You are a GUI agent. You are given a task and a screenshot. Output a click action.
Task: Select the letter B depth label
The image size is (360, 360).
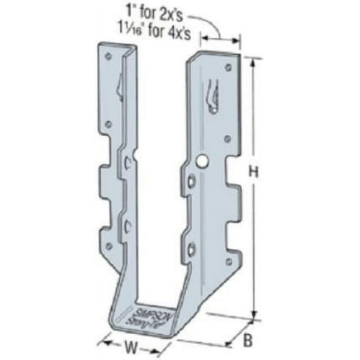tap(246, 342)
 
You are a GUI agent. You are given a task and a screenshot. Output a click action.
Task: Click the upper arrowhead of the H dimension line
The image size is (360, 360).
tap(253, 61)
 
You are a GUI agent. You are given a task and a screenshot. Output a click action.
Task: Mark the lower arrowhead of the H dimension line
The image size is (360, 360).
tap(253, 316)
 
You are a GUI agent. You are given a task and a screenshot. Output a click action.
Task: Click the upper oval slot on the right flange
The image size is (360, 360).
tap(192, 182)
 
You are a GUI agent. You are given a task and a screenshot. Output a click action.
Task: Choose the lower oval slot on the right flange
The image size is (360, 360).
tap(192, 250)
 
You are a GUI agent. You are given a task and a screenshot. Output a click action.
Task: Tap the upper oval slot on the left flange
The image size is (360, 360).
tap(128, 164)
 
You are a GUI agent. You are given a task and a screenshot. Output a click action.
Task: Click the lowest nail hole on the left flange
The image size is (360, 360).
tap(109, 246)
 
